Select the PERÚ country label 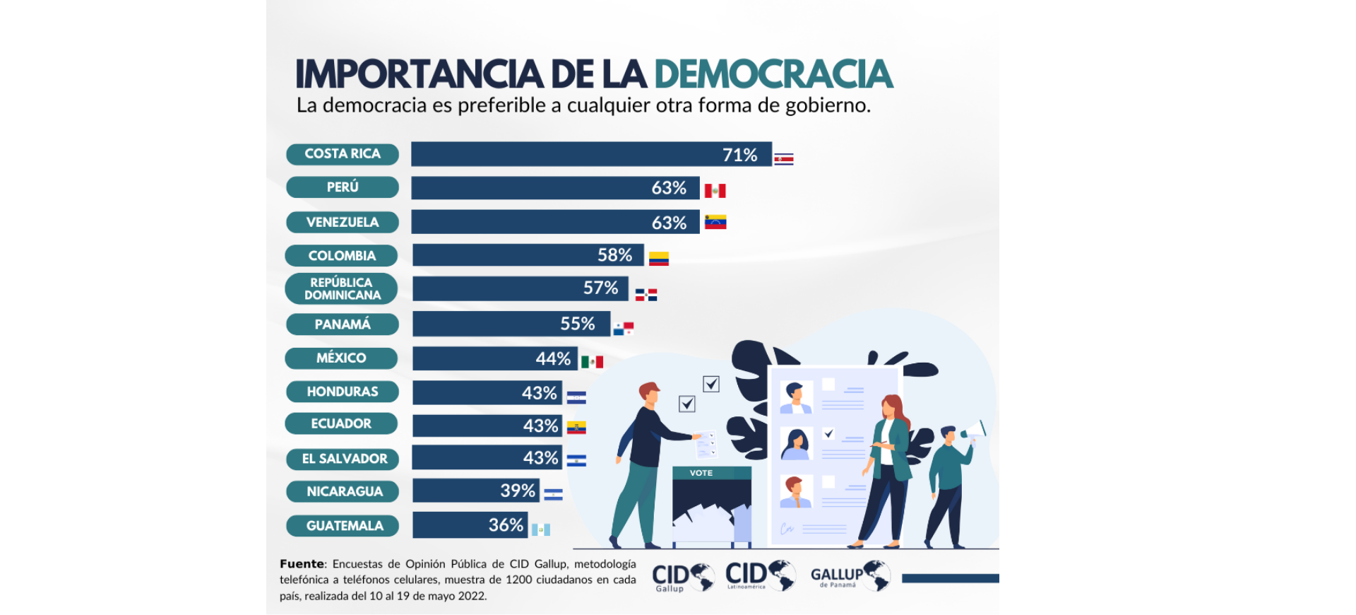click(343, 187)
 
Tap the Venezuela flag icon click(715, 222)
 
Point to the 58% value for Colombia click(614, 255)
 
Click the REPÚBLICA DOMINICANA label click(342, 288)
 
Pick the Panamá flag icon click(623, 328)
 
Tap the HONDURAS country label click(343, 392)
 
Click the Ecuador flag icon click(576, 427)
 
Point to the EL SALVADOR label click(344, 459)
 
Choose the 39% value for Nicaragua click(518, 491)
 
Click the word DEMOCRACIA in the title click(773, 74)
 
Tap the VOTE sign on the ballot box click(701, 473)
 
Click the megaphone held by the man click(975, 428)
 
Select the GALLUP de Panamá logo click(850, 576)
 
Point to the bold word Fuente click(302, 564)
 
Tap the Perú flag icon click(715, 191)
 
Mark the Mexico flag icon click(592, 362)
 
